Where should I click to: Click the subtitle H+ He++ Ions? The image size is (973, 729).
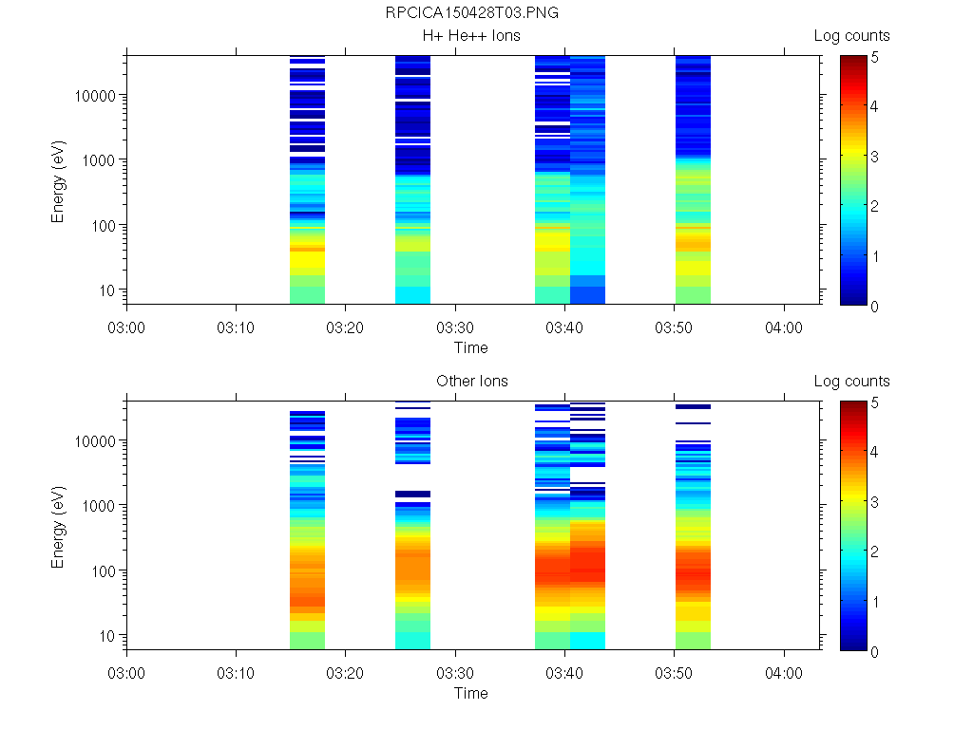[x=471, y=36]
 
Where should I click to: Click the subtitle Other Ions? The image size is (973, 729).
[x=471, y=382]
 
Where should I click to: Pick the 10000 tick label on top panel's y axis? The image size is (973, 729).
[x=96, y=96]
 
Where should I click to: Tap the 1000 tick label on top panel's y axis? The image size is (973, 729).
[x=100, y=160]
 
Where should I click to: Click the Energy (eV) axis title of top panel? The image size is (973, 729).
[x=59, y=180]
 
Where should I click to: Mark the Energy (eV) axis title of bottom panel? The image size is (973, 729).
[x=59, y=526]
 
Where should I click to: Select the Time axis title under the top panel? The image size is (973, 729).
[x=471, y=347]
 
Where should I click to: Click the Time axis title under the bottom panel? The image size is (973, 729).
[x=471, y=693]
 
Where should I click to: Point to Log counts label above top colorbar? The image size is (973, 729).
[x=851, y=36]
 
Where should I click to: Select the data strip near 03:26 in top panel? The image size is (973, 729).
[x=412, y=180]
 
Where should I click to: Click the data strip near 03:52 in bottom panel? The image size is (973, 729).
[x=693, y=527]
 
